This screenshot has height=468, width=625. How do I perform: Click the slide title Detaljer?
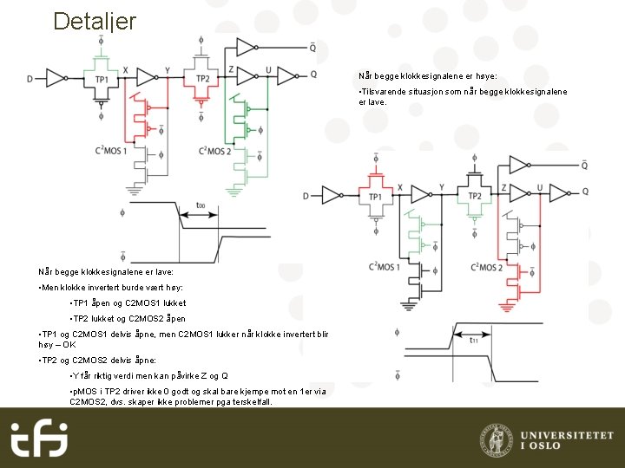pos(94,21)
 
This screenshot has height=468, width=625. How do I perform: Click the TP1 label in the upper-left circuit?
pos(102,80)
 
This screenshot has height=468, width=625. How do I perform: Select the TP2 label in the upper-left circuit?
pos(203,80)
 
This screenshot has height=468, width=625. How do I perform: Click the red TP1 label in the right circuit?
pos(375,198)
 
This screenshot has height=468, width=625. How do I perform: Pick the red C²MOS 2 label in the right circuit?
pos(486,267)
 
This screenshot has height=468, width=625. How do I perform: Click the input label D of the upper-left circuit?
pos(30,80)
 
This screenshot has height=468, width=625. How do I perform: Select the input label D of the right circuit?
pos(305,196)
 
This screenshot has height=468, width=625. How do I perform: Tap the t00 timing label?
pos(201,206)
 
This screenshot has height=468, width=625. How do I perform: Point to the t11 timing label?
pos(474,341)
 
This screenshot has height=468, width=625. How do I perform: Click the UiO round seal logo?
pos(496,439)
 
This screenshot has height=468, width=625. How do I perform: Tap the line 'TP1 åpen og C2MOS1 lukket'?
pos(126,303)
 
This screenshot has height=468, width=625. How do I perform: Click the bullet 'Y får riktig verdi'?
pos(148,375)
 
